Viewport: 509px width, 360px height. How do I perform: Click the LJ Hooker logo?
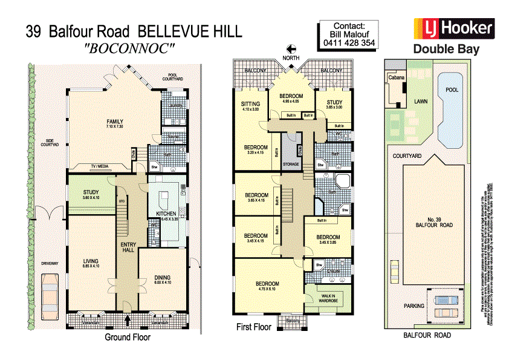[453, 28]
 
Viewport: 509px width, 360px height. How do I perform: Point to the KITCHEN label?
[166, 214]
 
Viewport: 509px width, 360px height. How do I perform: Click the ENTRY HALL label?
[127, 246]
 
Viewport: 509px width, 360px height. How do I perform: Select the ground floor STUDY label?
[91, 193]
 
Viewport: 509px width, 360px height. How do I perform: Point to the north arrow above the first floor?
[291, 50]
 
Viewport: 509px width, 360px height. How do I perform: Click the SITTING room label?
[250, 103]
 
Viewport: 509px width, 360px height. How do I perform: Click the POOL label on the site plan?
[452, 90]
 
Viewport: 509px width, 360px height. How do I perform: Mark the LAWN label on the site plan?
[420, 102]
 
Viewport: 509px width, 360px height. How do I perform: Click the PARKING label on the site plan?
[414, 306]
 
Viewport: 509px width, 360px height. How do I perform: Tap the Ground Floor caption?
[127, 337]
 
